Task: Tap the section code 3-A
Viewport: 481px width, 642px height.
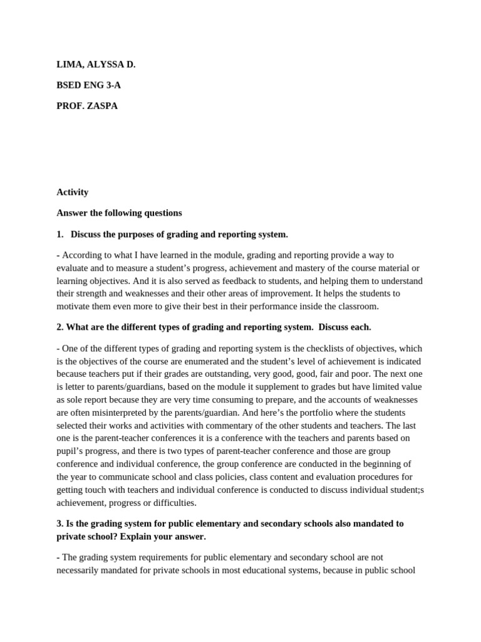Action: (x=112, y=85)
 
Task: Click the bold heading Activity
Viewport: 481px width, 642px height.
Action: (x=72, y=192)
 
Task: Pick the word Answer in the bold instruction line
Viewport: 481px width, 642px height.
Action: (x=73, y=213)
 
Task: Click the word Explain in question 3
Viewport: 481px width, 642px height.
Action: (x=131, y=537)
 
